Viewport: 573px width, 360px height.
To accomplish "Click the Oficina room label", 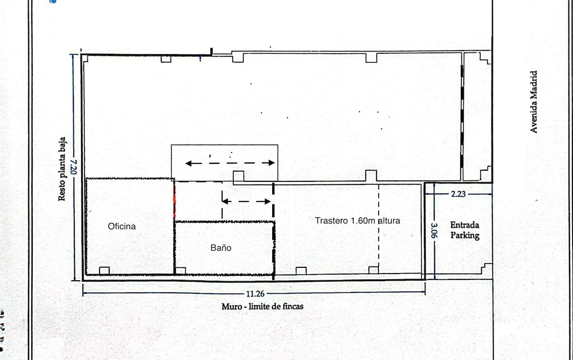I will click(x=122, y=226).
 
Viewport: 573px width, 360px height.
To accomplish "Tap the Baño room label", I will click(x=221, y=247).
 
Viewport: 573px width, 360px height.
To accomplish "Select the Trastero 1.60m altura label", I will click(x=357, y=220).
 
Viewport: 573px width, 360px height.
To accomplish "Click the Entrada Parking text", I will click(x=465, y=230).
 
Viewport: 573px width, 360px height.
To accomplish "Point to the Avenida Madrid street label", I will click(x=533, y=102).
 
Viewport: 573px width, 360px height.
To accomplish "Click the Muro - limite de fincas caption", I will click(x=262, y=307).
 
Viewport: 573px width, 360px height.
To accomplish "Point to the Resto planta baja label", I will click(x=62, y=169).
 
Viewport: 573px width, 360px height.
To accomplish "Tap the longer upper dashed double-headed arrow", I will click(x=230, y=163).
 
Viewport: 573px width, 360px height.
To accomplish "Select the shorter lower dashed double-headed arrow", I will click(x=247, y=201).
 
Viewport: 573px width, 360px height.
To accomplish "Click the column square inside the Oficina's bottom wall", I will click(x=104, y=270).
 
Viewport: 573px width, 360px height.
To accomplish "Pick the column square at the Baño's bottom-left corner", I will click(x=180, y=270).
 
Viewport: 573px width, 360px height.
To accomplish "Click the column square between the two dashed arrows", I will click(x=239, y=176).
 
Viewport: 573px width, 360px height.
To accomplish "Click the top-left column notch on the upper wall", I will click(x=166, y=59).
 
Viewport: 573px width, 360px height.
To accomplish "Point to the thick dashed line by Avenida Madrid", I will click(x=462, y=116).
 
